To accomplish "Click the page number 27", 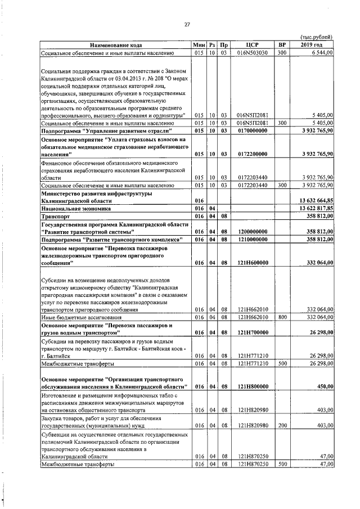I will (x=188, y=24).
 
